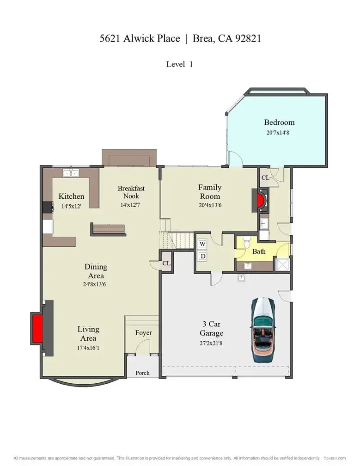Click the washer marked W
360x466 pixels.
tap(202, 244)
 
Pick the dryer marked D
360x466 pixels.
tap(202, 256)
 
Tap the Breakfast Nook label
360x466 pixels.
tap(131, 192)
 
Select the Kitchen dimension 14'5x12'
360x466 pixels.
tap(71, 206)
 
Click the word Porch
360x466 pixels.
tap(142, 373)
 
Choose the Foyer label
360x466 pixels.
tap(143, 333)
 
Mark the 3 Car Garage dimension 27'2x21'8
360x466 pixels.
tap(211, 343)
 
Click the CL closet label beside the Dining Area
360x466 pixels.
tap(166, 263)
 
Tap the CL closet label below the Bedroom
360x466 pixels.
tap(265, 178)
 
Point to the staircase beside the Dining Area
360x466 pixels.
tap(175, 240)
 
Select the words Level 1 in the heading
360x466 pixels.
tap(179, 64)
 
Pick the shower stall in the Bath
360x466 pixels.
tap(281, 264)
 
